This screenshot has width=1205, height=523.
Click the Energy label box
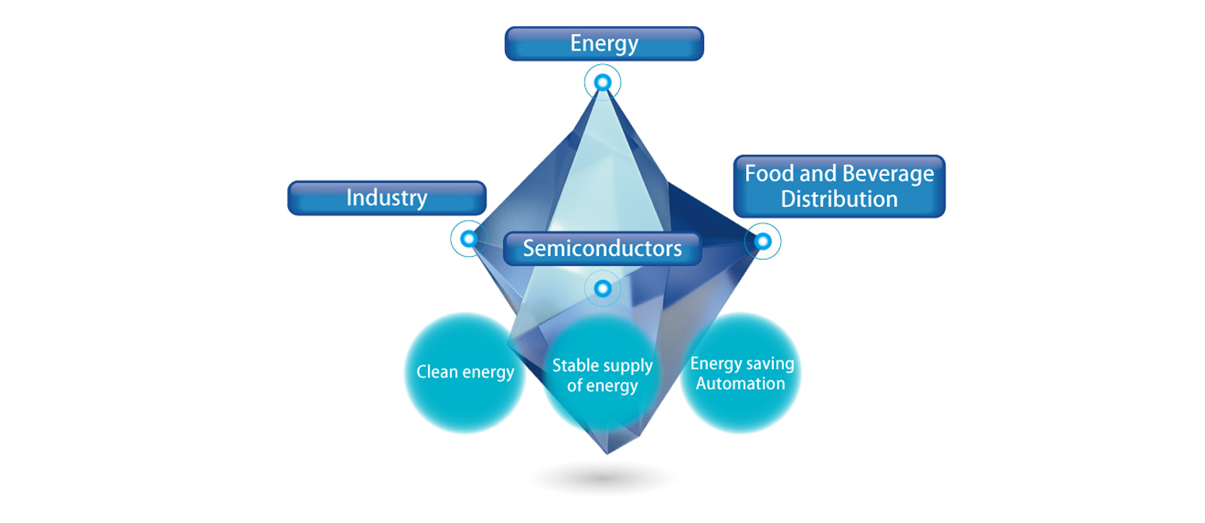(x=604, y=44)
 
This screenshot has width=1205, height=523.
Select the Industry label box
(x=386, y=198)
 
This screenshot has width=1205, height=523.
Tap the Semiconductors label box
(x=602, y=248)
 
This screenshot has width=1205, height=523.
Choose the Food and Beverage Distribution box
(x=839, y=186)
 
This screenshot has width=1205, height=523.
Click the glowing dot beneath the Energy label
(x=602, y=82)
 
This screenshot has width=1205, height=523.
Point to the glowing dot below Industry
(x=469, y=239)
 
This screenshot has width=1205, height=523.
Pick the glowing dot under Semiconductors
(x=602, y=288)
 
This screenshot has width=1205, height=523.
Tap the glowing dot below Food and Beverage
(x=762, y=241)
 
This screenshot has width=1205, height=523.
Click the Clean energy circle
(x=465, y=372)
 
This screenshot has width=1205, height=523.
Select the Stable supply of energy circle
(x=602, y=376)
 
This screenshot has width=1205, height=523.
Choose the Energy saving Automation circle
(x=740, y=373)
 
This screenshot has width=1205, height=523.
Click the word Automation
(x=740, y=384)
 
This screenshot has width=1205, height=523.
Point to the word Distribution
(x=839, y=199)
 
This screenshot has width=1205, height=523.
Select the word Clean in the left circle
(x=436, y=372)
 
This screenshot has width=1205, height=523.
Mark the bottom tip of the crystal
(x=606, y=453)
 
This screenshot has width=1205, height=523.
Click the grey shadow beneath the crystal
(x=604, y=479)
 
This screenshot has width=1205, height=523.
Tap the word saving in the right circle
(x=767, y=364)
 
